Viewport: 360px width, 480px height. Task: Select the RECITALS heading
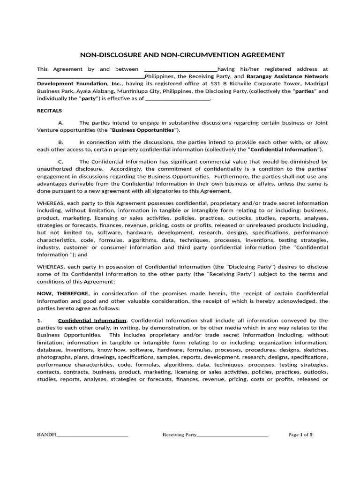click(x=49, y=111)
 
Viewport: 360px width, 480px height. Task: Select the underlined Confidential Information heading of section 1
click(x=92, y=321)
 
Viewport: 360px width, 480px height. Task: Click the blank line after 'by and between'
click(x=180, y=69)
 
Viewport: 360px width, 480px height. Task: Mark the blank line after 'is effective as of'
click(x=178, y=99)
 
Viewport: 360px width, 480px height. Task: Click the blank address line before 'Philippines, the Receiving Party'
click(x=90, y=77)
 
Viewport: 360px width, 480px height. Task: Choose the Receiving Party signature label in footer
click(x=180, y=435)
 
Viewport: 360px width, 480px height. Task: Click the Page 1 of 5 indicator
click(x=300, y=435)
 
